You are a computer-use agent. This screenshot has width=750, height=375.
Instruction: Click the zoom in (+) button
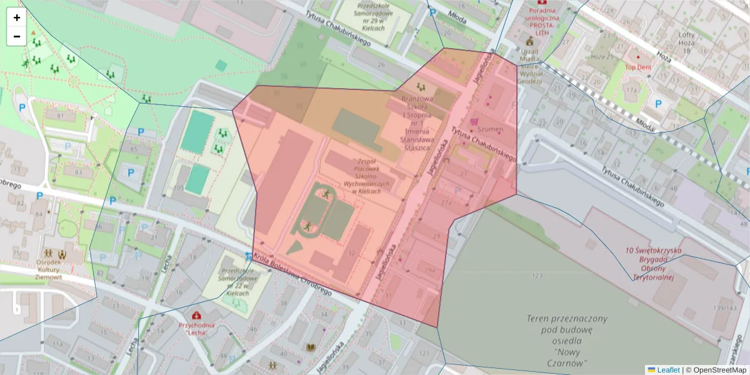click(x=17, y=17)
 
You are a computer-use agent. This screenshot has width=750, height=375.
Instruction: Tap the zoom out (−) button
click(x=17, y=36)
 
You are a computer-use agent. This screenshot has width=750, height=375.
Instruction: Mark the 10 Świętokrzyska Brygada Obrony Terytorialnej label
click(x=654, y=264)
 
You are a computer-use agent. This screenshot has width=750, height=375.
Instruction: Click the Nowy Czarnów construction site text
click(x=558, y=340)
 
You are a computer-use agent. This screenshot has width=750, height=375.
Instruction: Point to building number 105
click(x=179, y=188)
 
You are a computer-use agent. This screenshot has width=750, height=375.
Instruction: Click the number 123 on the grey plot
click(x=537, y=276)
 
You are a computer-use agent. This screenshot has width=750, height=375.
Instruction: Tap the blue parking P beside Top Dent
click(x=658, y=103)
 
